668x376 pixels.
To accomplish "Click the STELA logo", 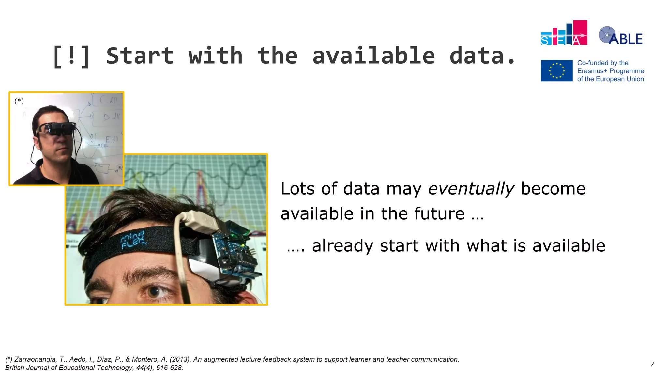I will pyautogui.click(x=564, y=33).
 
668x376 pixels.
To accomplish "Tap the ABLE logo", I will pyautogui.click(x=620, y=36).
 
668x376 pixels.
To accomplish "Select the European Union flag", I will pyautogui.click(x=556, y=70).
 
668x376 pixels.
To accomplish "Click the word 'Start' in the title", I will pyautogui.click(x=140, y=56).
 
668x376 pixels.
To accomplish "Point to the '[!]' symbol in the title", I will pyautogui.click(x=71, y=56).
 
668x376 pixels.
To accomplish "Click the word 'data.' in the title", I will pyautogui.click(x=482, y=56).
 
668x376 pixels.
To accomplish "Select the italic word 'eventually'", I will pyautogui.click(x=471, y=189).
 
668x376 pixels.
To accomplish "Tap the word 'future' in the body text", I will pyautogui.click(x=439, y=214).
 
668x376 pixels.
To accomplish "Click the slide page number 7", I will pyautogui.click(x=652, y=364).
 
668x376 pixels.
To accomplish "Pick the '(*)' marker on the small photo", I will pyautogui.click(x=19, y=101).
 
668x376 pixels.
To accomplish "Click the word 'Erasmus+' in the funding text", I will pyautogui.click(x=592, y=71).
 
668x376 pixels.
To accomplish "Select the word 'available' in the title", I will pyautogui.click(x=373, y=56).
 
